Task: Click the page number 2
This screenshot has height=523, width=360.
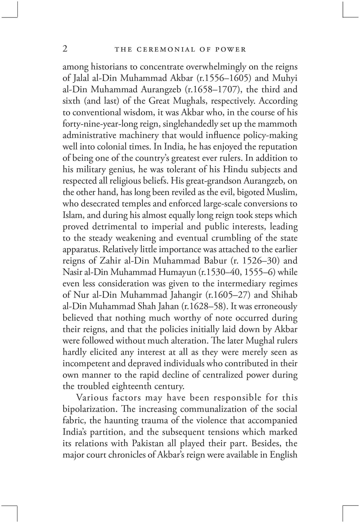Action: [x=65, y=48]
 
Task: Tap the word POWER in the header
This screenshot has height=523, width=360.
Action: [x=231, y=50]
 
